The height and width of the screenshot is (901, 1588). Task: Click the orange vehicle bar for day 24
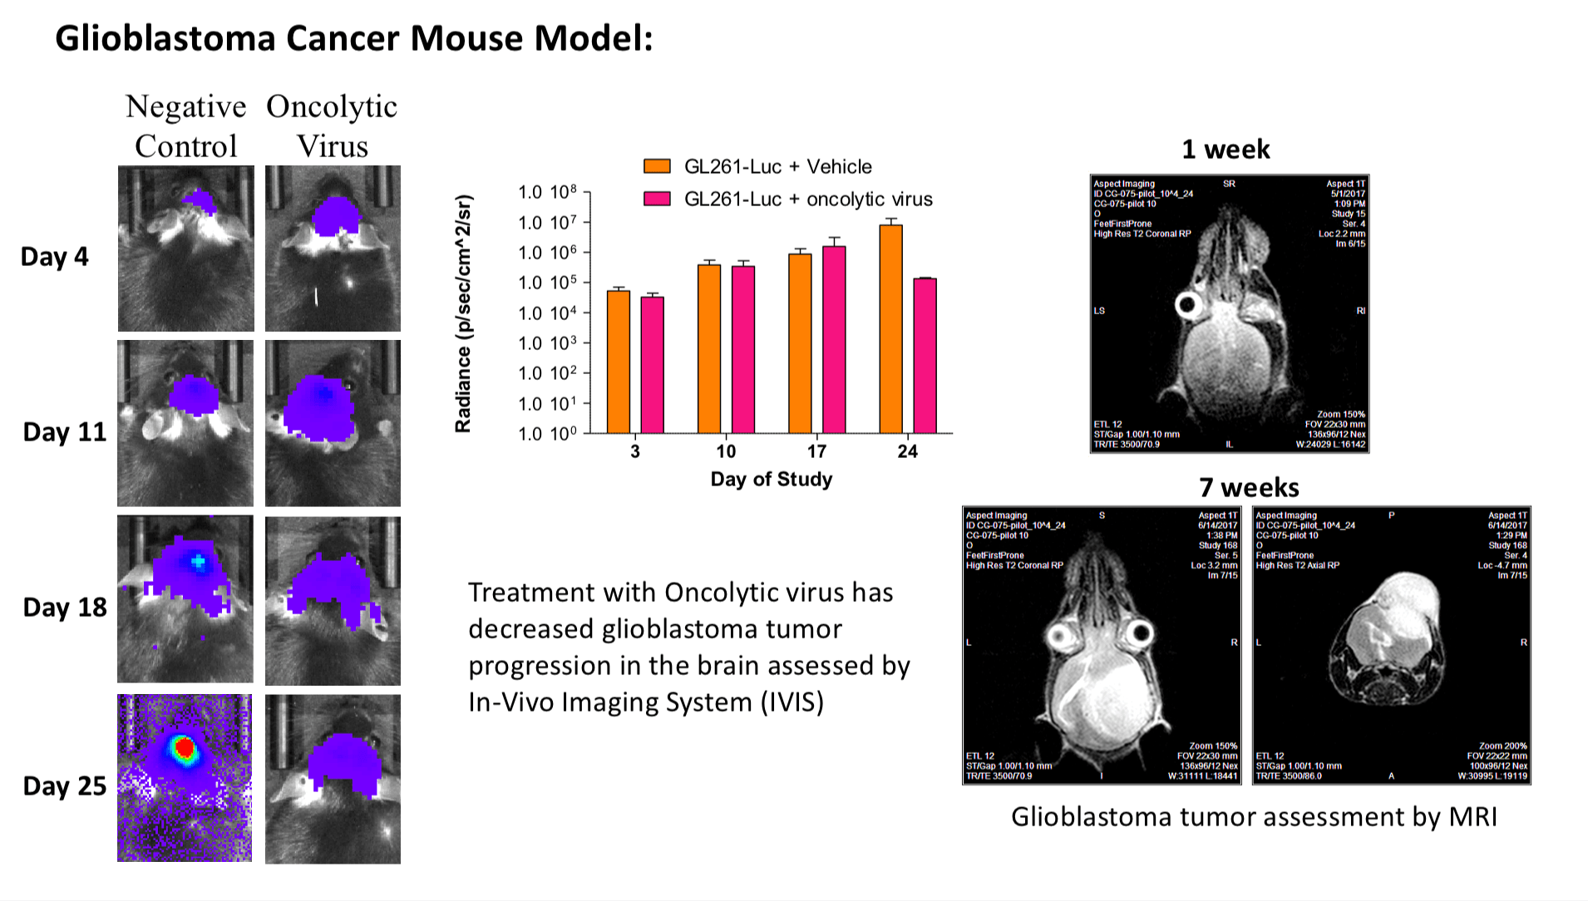890,329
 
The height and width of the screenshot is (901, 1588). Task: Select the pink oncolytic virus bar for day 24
925,356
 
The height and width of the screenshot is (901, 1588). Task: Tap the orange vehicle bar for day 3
619,362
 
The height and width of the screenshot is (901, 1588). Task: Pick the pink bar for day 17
834,339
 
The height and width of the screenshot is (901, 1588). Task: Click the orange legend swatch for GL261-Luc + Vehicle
657,166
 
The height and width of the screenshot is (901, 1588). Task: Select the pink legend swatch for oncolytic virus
657,199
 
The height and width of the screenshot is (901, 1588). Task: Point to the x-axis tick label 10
726,451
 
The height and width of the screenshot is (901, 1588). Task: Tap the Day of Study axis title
771,479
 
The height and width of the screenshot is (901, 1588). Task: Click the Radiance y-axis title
463,313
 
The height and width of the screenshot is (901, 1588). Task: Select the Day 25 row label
64,785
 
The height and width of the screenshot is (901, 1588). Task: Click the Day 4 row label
54,256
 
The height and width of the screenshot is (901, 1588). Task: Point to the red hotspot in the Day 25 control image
185,749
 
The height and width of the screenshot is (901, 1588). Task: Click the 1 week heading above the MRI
1226,150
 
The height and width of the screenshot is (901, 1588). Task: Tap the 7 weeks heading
1249,487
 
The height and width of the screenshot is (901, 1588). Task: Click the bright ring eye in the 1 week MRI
1188,305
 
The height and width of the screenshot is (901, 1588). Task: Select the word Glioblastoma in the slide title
165,38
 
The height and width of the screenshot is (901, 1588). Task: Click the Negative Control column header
186,126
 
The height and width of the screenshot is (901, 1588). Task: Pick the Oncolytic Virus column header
332,126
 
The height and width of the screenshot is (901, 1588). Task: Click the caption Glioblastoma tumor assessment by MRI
1254,816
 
